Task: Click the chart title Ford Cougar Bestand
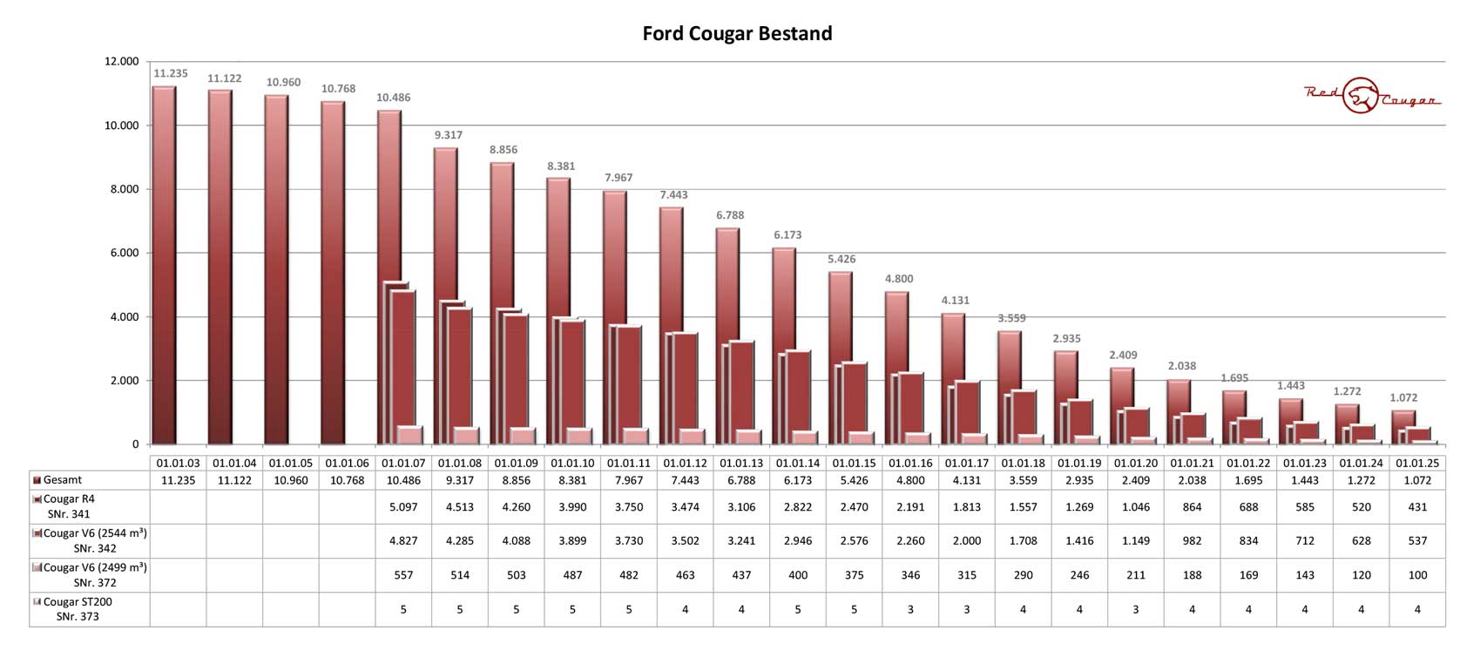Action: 737,33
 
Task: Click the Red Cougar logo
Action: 1371,96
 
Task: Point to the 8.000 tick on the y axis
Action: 121,189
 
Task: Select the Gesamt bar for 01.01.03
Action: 164,261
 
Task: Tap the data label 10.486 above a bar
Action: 393,98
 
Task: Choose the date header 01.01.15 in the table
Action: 854,464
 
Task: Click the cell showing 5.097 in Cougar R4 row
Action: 403,507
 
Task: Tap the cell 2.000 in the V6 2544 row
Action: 967,541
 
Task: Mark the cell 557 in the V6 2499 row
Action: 403,575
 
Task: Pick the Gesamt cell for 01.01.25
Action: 1417,480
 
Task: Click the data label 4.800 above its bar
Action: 899,279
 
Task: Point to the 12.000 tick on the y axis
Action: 121,61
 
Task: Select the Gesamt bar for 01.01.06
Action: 333,270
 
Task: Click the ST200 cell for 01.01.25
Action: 1417,609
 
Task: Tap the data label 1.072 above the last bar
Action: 1403,397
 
